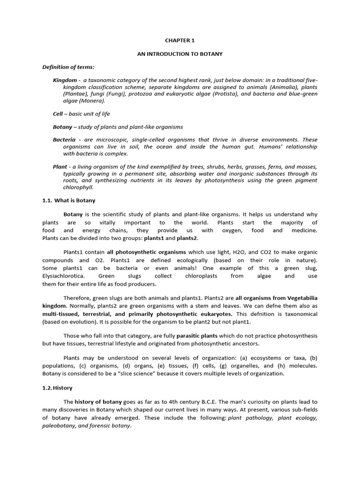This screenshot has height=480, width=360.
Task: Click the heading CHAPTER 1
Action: pyautogui.click(x=180, y=41)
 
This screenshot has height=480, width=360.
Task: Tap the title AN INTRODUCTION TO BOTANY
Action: pyautogui.click(x=180, y=54)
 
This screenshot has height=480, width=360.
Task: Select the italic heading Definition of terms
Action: pyautogui.click(x=68, y=67)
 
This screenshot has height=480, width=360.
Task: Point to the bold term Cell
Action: pyautogui.click(x=58, y=114)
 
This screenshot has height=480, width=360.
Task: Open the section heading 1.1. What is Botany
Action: pyautogui.click(x=68, y=201)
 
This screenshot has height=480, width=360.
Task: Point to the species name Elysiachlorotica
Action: pyautogui.click(x=63, y=276)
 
